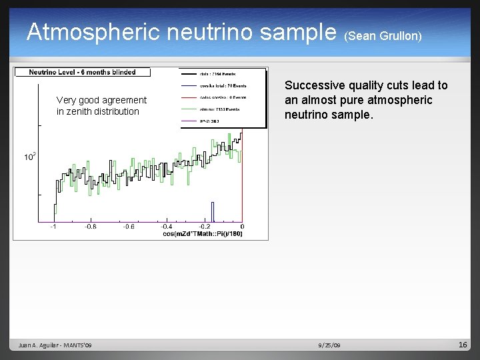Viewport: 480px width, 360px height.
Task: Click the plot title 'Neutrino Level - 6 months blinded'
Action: click(82, 72)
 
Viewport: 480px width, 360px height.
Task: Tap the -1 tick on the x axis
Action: click(54, 227)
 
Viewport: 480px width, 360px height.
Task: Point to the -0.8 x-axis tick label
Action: click(90, 227)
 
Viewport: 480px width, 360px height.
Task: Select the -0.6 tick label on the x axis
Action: click(128, 227)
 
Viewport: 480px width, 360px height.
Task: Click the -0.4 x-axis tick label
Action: click(166, 227)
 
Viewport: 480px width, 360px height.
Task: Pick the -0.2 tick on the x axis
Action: click(204, 227)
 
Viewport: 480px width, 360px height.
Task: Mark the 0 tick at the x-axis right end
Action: click(241, 227)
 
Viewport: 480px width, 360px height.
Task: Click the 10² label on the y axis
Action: click(30, 157)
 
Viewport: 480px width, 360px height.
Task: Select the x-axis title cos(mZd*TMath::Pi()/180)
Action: click(203, 234)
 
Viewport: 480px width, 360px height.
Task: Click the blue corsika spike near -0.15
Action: click(213, 211)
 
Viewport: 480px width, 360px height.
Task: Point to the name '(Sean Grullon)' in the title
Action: click(383, 35)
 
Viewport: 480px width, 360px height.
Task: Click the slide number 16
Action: click(463, 345)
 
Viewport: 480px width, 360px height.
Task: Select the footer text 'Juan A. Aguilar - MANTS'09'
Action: click(55, 345)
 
